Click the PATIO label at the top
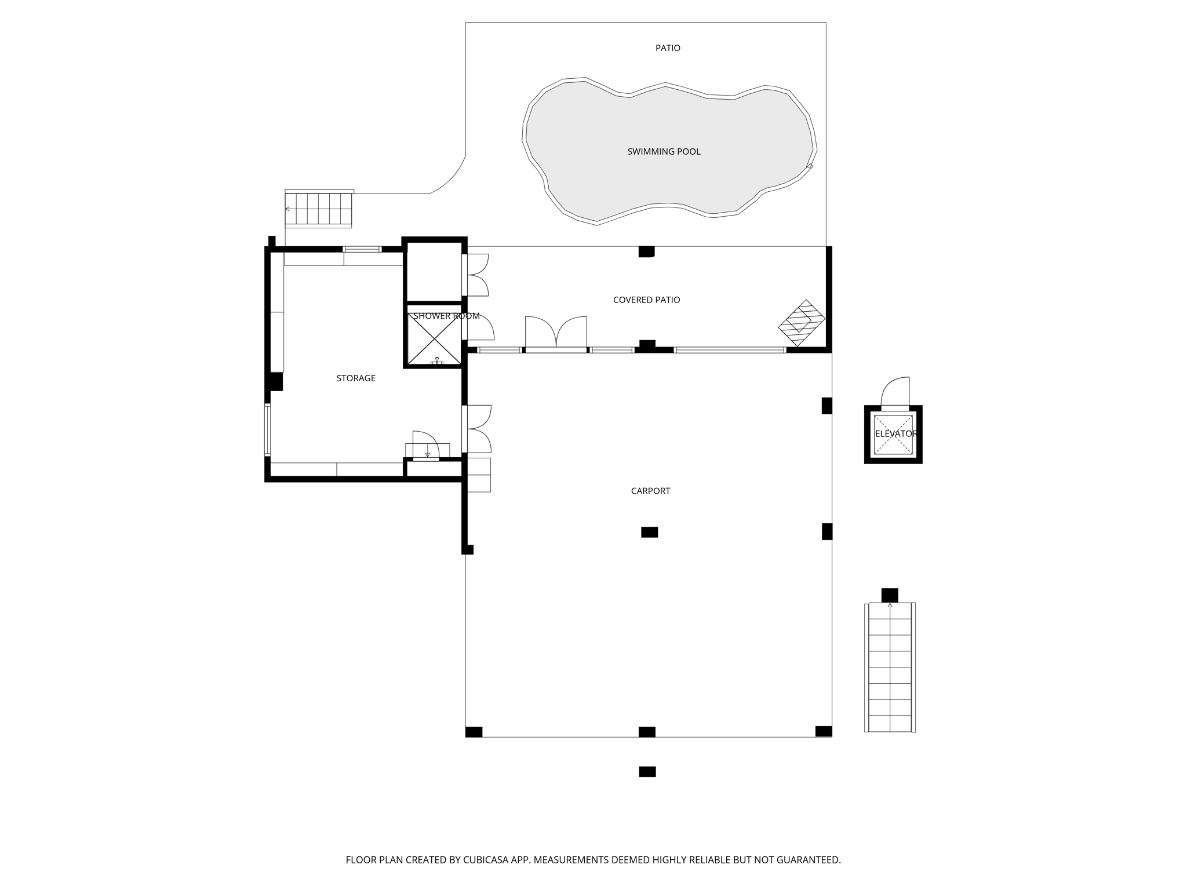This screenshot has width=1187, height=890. (x=668, y=48)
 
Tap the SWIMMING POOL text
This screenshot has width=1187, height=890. (x=664, y=152)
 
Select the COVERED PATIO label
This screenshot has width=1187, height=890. (x=646, y=300)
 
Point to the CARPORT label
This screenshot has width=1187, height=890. (x=650, y=491)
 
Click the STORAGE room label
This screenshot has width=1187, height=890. (x=356, y=378)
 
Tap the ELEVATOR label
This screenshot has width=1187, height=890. (x=895, y=434)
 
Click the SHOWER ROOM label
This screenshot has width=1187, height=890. (x=446, y=316)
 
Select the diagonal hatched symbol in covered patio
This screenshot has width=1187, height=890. (x=802, y=323)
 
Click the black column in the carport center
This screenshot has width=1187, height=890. (x=649, y=532)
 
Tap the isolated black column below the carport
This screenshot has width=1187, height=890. (x=647, y=771)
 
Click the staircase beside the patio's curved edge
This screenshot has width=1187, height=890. (x=319, y=209)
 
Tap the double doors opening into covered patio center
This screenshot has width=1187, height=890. (x=556, y=333)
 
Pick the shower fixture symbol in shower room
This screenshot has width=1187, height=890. (x=436, y=361)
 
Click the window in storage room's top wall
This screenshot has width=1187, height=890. (x=362, y=249)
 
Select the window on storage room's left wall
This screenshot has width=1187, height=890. (x=267, y=429)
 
